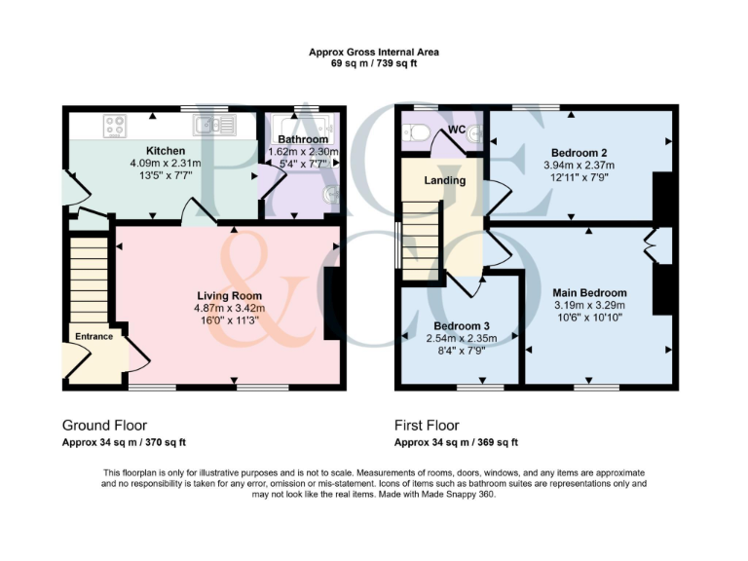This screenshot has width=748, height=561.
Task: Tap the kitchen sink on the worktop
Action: click(213, 125)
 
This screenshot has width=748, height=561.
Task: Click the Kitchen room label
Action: click(167, 151)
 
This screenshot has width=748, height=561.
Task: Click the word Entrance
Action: click(93, 336)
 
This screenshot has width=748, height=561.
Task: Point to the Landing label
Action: click(444, 180)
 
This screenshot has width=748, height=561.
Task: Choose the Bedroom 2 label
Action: click(579, 153)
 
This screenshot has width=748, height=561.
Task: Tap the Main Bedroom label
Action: click(589, 292)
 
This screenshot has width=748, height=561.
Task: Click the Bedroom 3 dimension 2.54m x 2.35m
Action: click(462, 338)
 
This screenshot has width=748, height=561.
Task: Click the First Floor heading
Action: click(427, 426)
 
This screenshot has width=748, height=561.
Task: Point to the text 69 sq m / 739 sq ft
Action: click(373, 62)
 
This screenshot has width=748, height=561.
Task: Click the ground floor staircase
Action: click(90, 278)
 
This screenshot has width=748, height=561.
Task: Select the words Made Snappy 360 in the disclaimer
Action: click(463, 495)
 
